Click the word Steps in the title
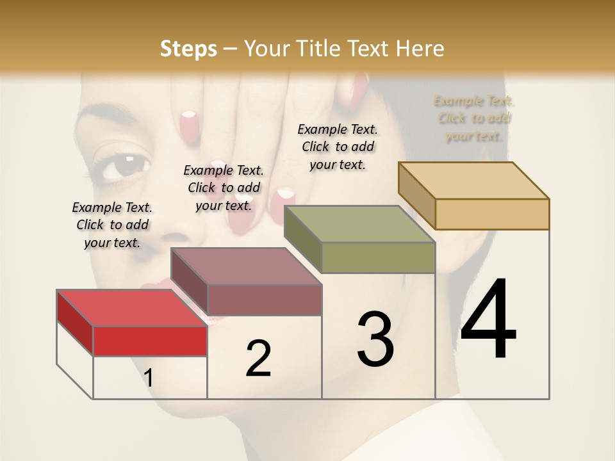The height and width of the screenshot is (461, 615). [x=188, y=49]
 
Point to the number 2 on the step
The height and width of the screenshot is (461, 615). [x=259, y=359]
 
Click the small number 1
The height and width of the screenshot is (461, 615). [x=148, y=378]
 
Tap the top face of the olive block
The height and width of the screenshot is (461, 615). [x=359, y=224]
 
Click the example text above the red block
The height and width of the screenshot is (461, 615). [x=112, y=225]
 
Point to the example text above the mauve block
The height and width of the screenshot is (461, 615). [x=224, y=188]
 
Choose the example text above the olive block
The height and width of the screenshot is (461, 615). [x=338, y=147]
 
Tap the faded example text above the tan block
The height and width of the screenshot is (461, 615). [x=475, y=118]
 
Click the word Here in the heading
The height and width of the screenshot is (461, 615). [x=420, y=49]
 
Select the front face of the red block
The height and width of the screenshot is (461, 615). [x=150, y=341]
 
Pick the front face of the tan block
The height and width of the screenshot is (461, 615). [x=492, y=214]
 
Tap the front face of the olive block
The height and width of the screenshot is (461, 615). [x=378, y=257]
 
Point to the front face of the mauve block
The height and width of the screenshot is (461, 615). [x=264, y=300]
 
